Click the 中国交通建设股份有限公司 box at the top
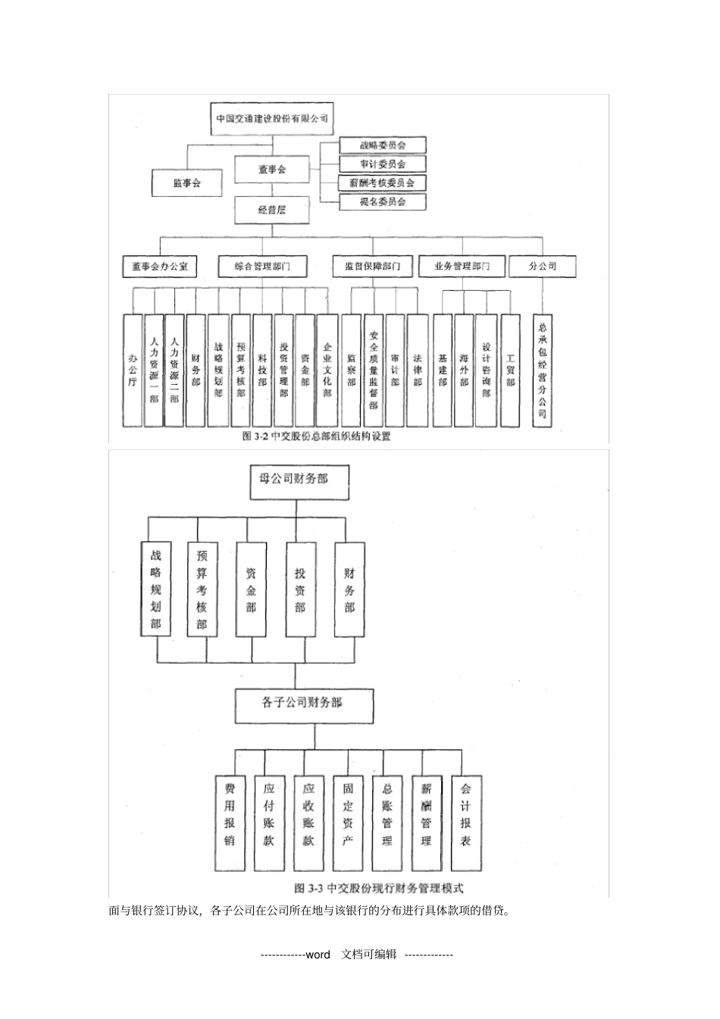click(271, 119)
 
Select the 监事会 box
click(186, 183)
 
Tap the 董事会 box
click(271, 170)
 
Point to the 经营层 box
click(271, 210)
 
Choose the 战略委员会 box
click(382, 145)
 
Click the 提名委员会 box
click(382, 202)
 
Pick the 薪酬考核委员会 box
click(382, 183)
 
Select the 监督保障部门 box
click(373, 266)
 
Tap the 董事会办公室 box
click(159, 266)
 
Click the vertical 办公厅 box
click(133, 370)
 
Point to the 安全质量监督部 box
click(374, 370)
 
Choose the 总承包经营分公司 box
click(543, 370)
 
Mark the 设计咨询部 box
click(486, 370)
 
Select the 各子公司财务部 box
click(304, 703)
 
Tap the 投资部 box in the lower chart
click(300, 589)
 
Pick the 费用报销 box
click(230, 822)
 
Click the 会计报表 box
click(466, 822)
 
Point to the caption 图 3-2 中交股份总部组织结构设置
click(316, 436)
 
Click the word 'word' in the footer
click(318, 955)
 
